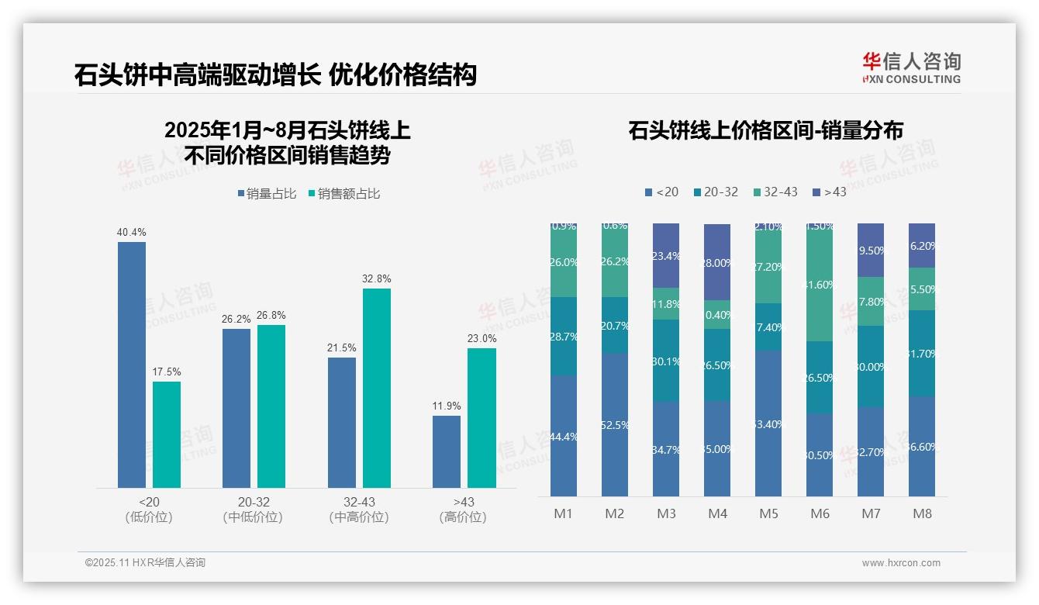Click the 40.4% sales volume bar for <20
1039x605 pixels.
point(132,365)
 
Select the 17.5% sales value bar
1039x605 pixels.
point(167,434)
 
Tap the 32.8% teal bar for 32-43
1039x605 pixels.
point(377,388)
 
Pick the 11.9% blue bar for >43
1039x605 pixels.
point(447,451)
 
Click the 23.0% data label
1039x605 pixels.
point(482,338)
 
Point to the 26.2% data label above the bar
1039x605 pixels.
point(236,319)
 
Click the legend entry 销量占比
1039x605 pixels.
point(267,194)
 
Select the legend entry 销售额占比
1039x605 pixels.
point(344,194)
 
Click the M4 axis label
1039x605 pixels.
point(717,513)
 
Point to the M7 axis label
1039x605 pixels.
point(871,513)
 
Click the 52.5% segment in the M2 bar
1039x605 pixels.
point(614,425)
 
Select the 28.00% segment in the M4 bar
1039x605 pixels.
point(717,262)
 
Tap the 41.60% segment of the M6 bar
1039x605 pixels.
point(820,284)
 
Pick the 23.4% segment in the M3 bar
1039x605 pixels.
point(666,255)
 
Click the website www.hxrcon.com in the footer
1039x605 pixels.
point(901,563)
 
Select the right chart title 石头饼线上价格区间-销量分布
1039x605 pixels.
point(765,130)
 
